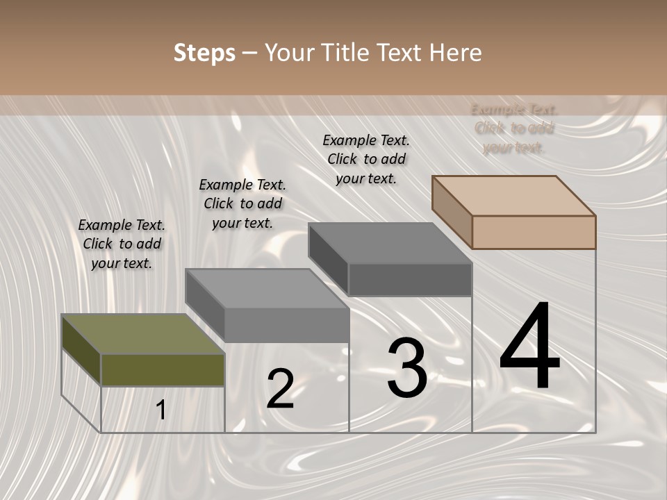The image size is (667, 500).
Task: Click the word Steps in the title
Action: coord(204,53)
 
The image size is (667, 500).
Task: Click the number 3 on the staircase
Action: coord(406,368)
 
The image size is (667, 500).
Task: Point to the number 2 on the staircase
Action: coord(280,389)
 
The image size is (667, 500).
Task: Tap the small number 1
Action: coord(161,410)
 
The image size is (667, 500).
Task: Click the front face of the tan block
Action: coord(534,232)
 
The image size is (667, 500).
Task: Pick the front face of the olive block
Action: coord(163,369)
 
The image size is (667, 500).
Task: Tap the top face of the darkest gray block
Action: coord(390,243)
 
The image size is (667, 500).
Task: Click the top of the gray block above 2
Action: coord(267,288)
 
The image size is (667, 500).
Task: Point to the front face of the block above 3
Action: coord(410,280)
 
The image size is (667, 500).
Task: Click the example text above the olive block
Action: coord(122,244)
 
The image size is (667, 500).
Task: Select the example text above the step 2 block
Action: coord(242,203)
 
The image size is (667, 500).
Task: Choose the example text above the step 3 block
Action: coord(366,159)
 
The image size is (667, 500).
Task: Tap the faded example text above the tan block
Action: coord(514,128)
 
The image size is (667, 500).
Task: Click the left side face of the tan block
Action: coord(452,211)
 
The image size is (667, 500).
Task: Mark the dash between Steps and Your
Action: coord(249,53)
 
